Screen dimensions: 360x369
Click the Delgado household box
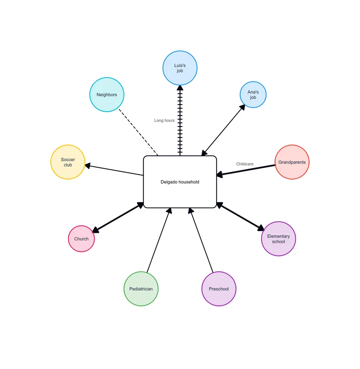point(180,182)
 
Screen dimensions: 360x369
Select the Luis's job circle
point(180,68)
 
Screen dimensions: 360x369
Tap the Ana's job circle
point(253,95)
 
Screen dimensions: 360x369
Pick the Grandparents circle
point(292,162)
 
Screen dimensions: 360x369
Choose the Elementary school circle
point(278,239)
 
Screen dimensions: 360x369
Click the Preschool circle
point(219,289)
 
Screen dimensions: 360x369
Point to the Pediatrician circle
point(141,289)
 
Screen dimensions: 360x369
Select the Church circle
point(82,239)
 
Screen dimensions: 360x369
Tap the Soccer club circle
point(68,162)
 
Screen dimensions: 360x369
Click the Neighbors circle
point(107,95)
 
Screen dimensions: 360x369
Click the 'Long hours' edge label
point(164,121)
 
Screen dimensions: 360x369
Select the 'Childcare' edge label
point(245,164)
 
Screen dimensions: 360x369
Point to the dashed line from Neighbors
point(138,132)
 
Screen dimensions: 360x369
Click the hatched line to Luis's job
point(180,121)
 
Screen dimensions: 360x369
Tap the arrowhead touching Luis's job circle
point(180,88)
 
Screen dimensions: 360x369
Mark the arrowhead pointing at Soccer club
point(87,166)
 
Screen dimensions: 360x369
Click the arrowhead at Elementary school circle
point(261,228)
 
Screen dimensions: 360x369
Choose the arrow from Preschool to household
point(201,240)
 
